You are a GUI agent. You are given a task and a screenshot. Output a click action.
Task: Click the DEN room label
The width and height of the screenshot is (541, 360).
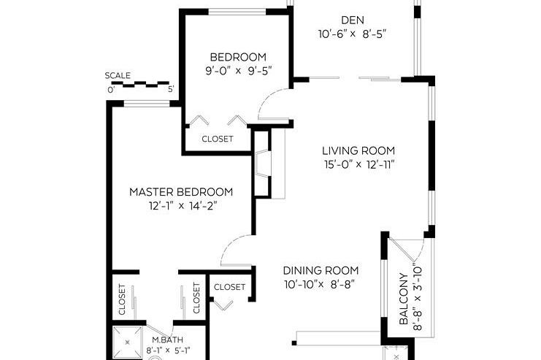(x=352, y=20)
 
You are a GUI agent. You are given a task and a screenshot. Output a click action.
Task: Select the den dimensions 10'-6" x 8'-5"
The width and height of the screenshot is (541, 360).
(x=352, y=34)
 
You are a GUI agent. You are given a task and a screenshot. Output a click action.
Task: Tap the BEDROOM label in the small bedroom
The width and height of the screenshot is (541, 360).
(x=238, y=57)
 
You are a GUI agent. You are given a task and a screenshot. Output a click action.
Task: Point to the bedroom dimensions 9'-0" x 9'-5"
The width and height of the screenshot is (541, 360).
(x=238, y=72)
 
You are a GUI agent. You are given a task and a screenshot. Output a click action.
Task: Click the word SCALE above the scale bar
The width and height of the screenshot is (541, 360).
(x=118, y=75)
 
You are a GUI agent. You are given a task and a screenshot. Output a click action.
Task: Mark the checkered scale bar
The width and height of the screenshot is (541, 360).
(x=141, y=84)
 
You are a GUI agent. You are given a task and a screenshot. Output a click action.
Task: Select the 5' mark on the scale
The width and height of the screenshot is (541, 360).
(x=171, y=90)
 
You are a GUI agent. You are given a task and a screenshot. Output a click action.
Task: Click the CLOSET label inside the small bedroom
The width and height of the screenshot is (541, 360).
(x=218, y=139)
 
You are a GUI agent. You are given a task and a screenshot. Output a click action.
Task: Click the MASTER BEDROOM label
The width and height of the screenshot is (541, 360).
(x=181, y=192)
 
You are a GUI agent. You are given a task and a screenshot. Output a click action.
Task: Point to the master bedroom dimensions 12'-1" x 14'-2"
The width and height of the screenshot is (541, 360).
(x=181, y=206)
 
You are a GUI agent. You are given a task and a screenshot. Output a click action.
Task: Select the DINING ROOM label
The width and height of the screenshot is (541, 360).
(x=322, y=269)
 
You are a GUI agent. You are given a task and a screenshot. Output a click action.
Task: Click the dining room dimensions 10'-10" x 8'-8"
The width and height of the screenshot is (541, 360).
(x=322, y=283)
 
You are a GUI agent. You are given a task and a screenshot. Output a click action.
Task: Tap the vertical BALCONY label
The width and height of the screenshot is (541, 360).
(x=402, y=299)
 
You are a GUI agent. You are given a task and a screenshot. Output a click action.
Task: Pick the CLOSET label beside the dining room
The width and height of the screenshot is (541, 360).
(x=230, y=287)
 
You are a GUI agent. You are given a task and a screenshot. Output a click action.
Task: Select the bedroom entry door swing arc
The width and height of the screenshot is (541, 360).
(x=274, y=102)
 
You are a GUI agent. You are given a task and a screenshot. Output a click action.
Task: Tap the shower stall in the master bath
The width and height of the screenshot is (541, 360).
(x=129, y=343)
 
